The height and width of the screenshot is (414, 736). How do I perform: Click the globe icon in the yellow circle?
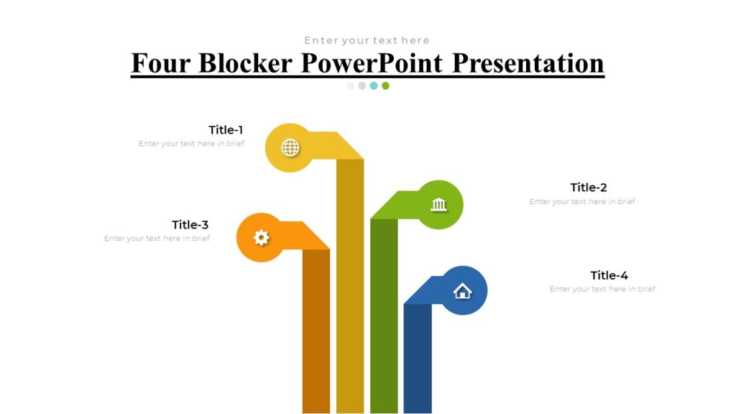pyautogui.click(x=290, y=148)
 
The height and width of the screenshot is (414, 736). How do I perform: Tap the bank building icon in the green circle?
pyautogui.click(x=438, y=205)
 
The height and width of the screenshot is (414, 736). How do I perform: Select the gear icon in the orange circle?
pyautogui.click(x=261, y=237)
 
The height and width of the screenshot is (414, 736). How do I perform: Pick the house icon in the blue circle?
pyautogui.click(x=462, y=290)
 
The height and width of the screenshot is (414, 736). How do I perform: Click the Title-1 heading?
pyautogui.click(x=226, y=130)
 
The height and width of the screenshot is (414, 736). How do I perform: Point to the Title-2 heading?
pyautogui.click(x=589, y=188)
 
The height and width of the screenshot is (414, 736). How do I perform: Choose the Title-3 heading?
pyautogui.click(x=190, y=225)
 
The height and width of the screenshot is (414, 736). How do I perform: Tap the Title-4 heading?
pyautogui.click(x=609, y=275)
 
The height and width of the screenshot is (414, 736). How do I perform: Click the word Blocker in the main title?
pyautogui.click(x=245, y=63)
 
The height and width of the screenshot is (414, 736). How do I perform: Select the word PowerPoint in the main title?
pyautogui.click(x=372, y=63)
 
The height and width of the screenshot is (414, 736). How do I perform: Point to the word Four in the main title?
pyautogui.click(x=161, y=63)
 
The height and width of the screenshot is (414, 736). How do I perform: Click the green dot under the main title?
pyautogui.click(x=385, y=86)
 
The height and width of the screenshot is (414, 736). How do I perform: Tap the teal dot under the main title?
pyautogui.click(x=374, y=86)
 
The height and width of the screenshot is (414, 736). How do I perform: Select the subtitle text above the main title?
pyautogui.click(x=367, y=40)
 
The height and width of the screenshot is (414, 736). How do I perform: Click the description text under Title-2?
pyautogui.click(x=582, y=202)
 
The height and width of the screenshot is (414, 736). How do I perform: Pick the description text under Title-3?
pyautogui.click(x=157, y=239)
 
